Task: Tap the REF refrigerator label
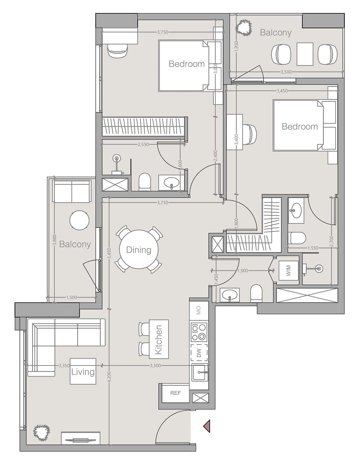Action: [x=175, y=393]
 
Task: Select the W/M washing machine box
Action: [x=288, y=270]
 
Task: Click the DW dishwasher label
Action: [x=199, y=353]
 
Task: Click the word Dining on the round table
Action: [x=139, y=250]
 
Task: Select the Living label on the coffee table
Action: [x=83, y=372]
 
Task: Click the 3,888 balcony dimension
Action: [x=55, y=240]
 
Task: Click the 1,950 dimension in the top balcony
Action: [x=236, y=46]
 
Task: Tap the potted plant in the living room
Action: [x=42, y=433]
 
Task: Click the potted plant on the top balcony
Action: [x=244, y=27]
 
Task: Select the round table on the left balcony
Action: [x=79, y=220]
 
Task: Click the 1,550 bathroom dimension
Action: [x=313, y=248]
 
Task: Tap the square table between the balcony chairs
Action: [x=305, y=54]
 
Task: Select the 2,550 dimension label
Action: [x=143, y=144]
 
